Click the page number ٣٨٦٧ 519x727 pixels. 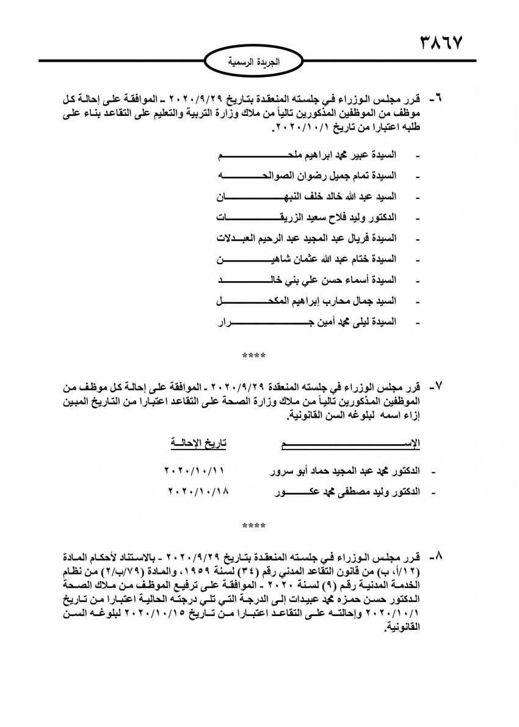point(441,43)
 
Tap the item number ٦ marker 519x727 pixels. point(438,98)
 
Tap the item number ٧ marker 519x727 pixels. point(438,387)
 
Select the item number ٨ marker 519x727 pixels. point(438,557)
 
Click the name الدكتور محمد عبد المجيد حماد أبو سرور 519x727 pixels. point(344,471)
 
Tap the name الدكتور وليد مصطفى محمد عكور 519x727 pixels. point(344,492)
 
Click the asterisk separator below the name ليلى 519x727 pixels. point(254,354)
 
